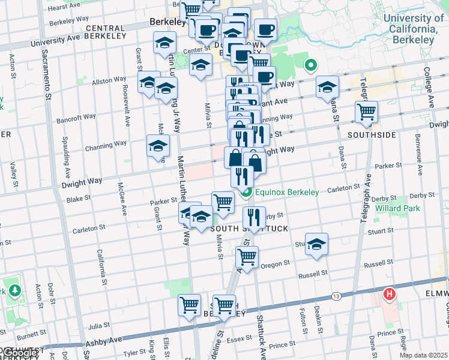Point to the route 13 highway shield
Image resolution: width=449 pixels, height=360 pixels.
point(336,296)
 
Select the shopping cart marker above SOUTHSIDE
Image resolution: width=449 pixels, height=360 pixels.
point(366,111)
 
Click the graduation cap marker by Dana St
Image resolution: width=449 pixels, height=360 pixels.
point(327,87)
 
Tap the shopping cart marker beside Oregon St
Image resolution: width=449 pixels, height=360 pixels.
point(247,257)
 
